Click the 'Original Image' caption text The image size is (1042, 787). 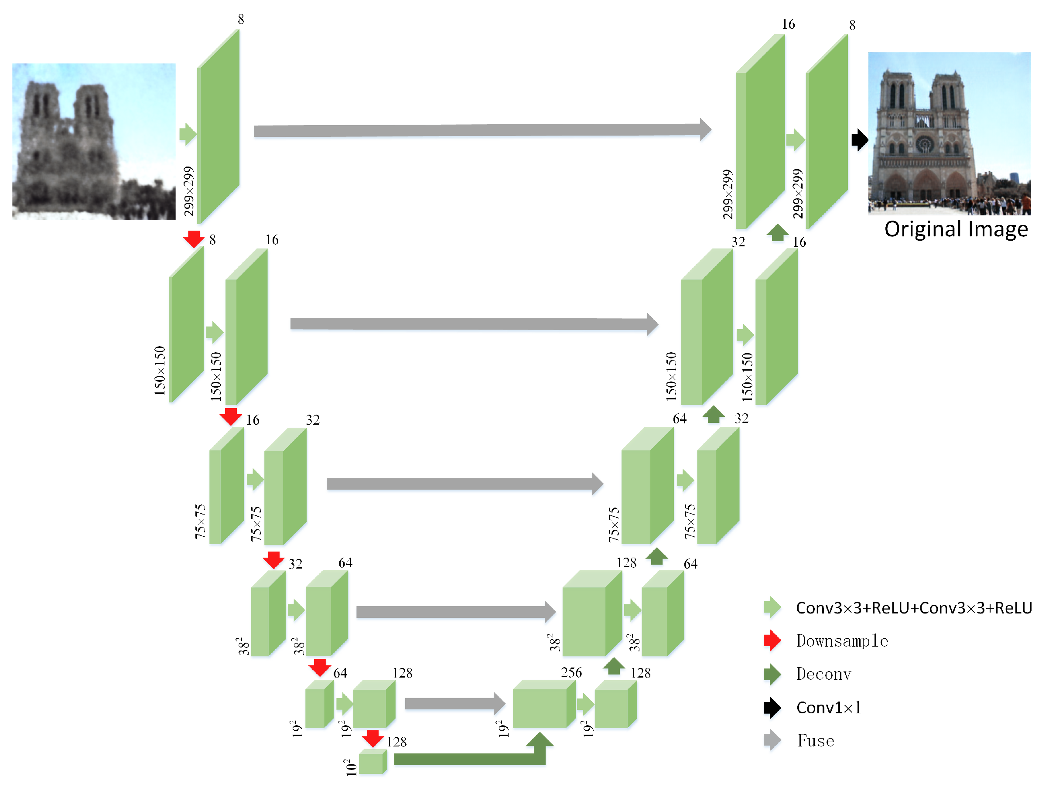click(955, 229)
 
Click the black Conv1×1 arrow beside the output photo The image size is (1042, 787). click(860, 140)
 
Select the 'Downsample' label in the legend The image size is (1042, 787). click(842, 641)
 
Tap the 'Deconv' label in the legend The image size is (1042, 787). click(823, 674)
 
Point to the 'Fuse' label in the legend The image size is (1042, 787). click(816, 741)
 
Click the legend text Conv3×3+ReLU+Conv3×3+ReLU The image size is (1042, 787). click(913, 608)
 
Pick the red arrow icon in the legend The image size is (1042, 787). click(772, 641)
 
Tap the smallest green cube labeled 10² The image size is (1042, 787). click(372, 762)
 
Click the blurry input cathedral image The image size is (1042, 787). click(94, 141)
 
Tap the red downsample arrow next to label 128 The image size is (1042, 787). click(372, 739)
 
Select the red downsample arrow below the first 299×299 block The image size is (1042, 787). click(193, 239)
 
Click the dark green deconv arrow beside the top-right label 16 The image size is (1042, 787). click(777, 233)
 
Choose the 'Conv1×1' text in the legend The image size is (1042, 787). click(829, 707)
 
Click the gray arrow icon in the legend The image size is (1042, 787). click(772, 740)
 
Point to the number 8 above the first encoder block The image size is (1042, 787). click(241, 19)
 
